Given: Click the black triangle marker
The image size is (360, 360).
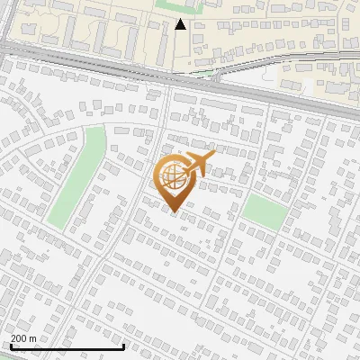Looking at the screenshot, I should click(181, 24).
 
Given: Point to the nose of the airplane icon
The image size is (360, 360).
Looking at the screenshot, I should click(213, 156).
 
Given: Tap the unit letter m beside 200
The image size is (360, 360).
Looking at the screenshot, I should click(33, 338).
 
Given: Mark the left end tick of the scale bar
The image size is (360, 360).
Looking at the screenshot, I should click(10, 346).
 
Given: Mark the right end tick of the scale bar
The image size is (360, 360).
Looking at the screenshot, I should click(123, 346).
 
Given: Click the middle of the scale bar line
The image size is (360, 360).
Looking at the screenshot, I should click(67, 347).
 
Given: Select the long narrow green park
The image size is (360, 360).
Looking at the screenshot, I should click(76, 177).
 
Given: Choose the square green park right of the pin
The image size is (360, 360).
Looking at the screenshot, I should click(263, 210).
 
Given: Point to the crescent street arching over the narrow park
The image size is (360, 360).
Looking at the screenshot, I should click(54, 126).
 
